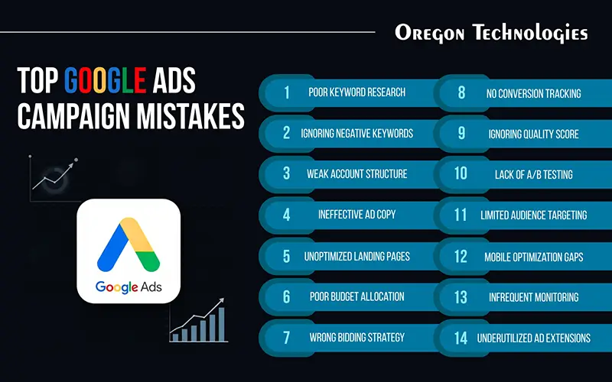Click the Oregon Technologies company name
[491, 33]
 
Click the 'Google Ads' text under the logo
[128, 288]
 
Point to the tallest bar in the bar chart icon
[222, 322]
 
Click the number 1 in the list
[287, 92]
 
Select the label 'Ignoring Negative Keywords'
[356, 133]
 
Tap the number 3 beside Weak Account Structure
[287, 173]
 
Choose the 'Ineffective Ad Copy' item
[356, 215]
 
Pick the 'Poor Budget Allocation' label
[356, 296]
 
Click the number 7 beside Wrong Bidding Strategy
[287, 336]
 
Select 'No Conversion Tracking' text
[533, 93]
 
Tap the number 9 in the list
[461, 134]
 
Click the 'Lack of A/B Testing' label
[533, 174]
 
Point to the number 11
[461, 215]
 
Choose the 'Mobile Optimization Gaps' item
[533, 256]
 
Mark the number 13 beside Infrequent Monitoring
[461, 296]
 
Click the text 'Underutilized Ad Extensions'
[533, 338]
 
